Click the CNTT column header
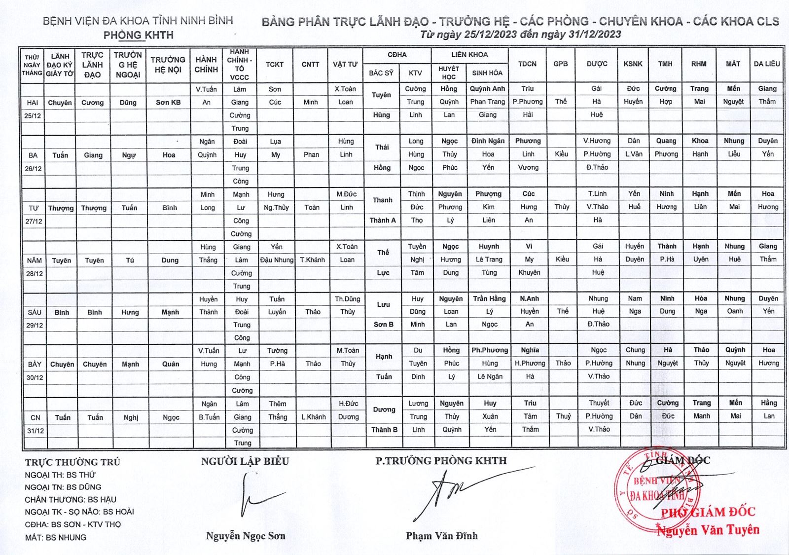pos(311,64)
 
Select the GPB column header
pos(561,64)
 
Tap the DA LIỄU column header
pos(767,64)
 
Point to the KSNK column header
pos(633,64)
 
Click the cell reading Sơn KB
pos(168,103)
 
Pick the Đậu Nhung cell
pos(277,260)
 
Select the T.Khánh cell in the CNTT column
pos(312,260)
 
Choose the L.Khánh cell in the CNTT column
pos(314,417)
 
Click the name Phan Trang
pos(487,102)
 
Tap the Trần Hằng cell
pos(489,298)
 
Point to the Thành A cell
pos(383,220)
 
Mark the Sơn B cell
pos(384,324)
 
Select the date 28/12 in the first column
pos(35,273)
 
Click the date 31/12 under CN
pos(36,431)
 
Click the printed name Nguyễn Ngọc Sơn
pos(246,536)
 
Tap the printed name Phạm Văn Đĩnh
pos(442,536)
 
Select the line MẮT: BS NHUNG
pos(56,537)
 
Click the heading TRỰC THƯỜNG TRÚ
pos(72,462)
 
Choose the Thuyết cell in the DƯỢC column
pos(599,403)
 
